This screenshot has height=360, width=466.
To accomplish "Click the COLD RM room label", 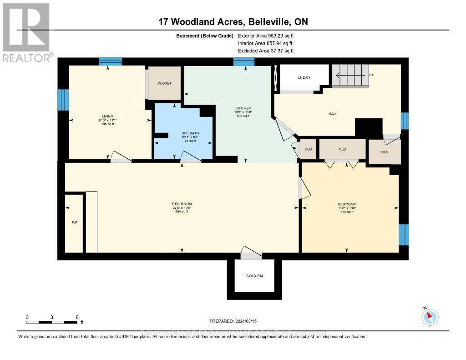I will (x=254, y=276).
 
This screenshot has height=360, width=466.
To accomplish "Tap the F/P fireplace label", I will (x=74, y=223).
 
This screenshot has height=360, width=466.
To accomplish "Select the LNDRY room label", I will (x=304, y=78).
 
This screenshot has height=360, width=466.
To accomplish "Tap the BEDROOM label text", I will (x=347, y=204).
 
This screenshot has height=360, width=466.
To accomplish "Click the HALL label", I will (x=333, y=114).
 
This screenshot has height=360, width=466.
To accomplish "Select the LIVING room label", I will (x=107, y=117).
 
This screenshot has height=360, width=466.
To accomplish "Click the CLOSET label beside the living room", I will (x=164, y=83).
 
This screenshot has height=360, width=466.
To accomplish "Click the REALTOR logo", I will (x=27, y=32).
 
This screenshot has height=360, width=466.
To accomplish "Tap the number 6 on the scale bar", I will (x=77, y=317).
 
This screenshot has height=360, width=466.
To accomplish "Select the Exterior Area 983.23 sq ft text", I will (x=265, y=35).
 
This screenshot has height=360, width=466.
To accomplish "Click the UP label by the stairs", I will (x=371, y=75).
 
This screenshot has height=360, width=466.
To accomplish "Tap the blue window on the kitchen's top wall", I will (x=244, y=62).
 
